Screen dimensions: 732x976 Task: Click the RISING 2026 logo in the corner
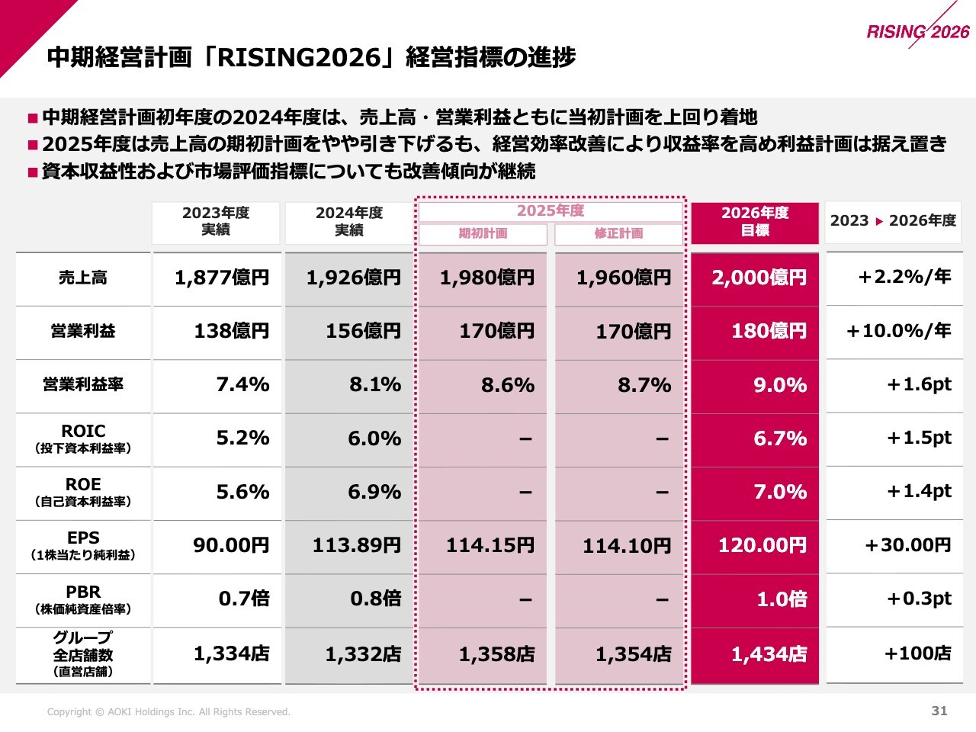pyautogui.click(x=918, y=30)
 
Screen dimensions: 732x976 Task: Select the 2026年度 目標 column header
pyautogui.click(x=755, y=222)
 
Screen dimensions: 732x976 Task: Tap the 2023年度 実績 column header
pyautogui.click(x=216, y=222)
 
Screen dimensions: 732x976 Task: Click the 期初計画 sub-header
pyautogui.click(x=483, y=233)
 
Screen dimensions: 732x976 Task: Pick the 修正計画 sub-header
pyautogui.click(x=618, y=233)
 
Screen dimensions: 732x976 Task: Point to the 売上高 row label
pyautogui.click(x=83, y=278)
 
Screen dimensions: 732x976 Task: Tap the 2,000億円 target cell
pyautogui.click(x=759, y=278)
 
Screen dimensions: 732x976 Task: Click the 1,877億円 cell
pyautogui.click(x=222, y=278)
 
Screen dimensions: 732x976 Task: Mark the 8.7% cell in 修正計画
pyautogui.click(x=644, y=385)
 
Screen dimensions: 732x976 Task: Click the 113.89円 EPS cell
pyautogui.click(x=356, y=546)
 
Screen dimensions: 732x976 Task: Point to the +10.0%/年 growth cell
pyautogui.click(x=898, y=331)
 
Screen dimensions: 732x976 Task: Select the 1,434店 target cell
pyautogui.click(x=769, y=654)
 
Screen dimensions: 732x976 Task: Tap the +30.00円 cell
pyautogui.click(x=907, y=546)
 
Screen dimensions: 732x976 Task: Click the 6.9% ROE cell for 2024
pyautogui.click(x=374, y=493)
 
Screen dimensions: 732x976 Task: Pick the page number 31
pyautogui.click(x=939, y=711)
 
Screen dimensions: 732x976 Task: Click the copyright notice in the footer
pyautogui.click(x=169, y=712)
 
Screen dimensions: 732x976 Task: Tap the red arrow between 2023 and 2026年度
pyautogui.click(x=879, y=222)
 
